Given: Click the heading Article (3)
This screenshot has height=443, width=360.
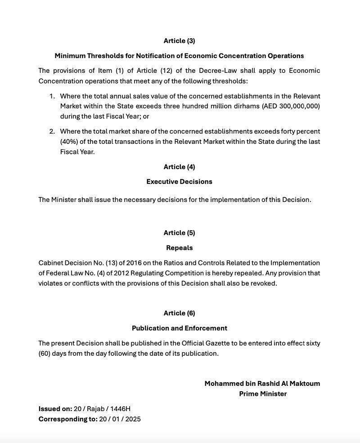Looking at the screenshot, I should (179, 41).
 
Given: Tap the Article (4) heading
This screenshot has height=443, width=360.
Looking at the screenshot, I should (179, 167).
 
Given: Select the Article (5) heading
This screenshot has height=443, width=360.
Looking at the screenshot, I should (179, 233).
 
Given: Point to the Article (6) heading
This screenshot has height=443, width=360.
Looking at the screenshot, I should (179, 313).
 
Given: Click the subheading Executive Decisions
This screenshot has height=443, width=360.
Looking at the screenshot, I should (179, 182).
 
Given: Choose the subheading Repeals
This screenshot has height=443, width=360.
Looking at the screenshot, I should (179, 248).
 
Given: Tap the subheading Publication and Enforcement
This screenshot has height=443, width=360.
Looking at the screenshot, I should (179, 328).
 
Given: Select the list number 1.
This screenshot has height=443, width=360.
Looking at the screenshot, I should (52, 96).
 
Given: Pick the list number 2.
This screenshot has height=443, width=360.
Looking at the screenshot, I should (52, 131).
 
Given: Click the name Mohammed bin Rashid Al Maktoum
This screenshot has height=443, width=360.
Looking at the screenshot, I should (262, 384).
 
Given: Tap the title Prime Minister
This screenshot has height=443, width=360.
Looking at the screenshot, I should (263, 394).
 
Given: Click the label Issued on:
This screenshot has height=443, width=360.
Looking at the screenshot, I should (55, 409).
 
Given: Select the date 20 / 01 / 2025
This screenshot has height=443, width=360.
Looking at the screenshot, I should (120, 419).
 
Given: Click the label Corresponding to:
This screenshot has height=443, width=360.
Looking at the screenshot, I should (67, 419).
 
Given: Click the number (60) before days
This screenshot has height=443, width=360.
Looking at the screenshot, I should (44, 354).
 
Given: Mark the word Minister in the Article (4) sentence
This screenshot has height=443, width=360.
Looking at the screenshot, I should (65, 200).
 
